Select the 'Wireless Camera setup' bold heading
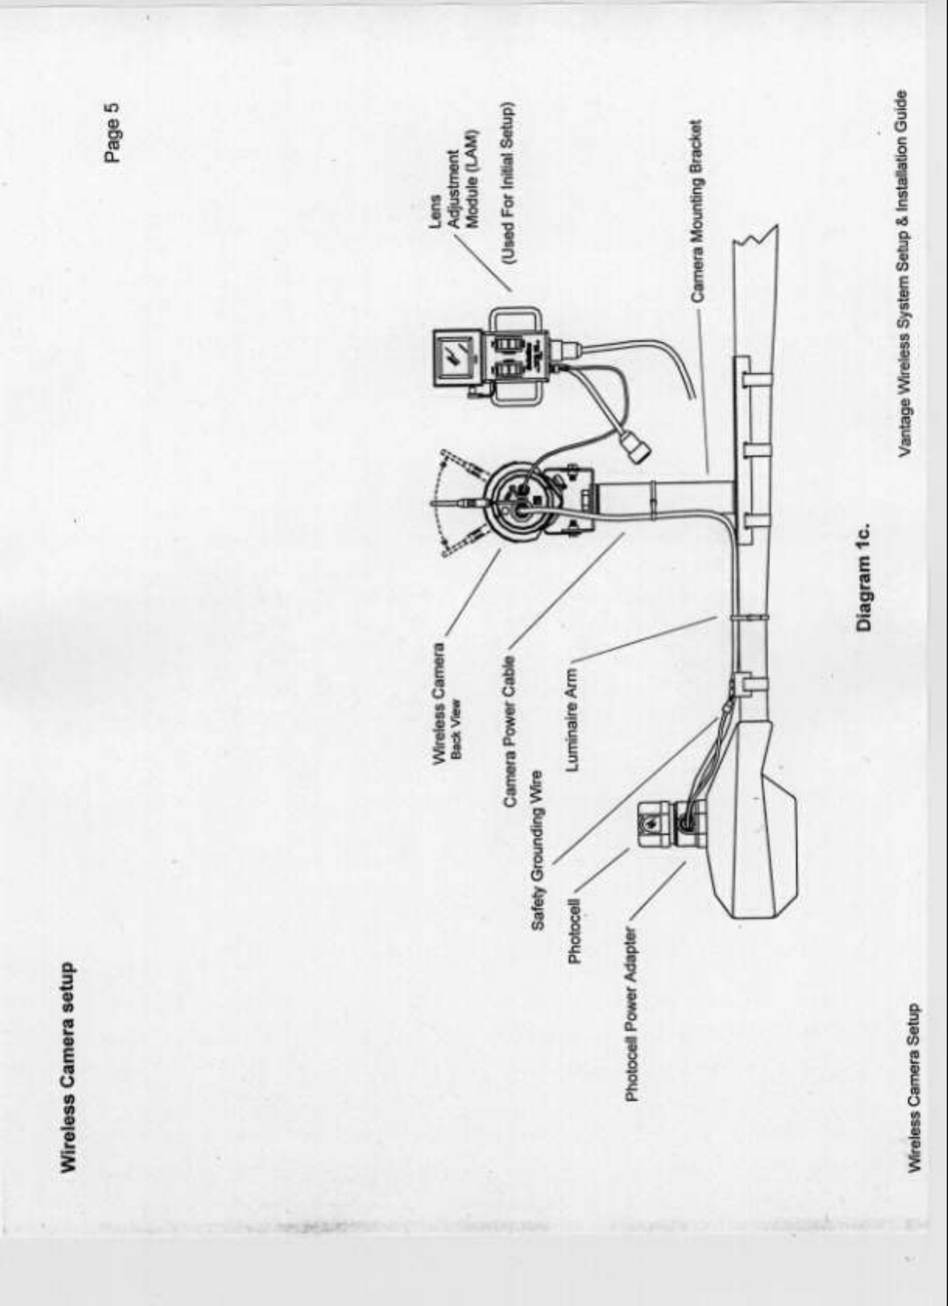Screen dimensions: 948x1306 (x=69, y=1070)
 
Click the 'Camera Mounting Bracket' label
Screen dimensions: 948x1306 (x=697, y=210)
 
